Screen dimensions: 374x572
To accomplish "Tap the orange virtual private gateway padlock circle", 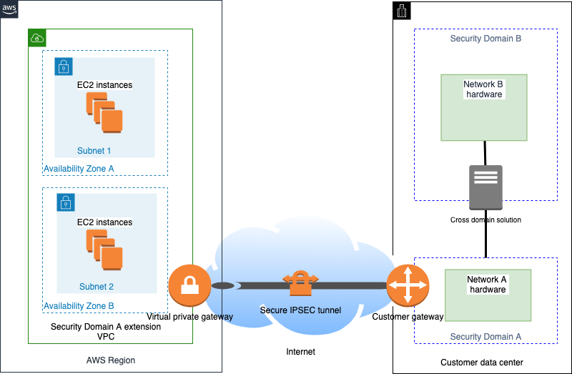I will pos(189,285).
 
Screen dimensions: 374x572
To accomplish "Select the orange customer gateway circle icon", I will pos(408,285).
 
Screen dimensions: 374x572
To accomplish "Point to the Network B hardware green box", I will pos(484,107).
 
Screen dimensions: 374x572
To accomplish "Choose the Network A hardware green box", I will pos(488,295).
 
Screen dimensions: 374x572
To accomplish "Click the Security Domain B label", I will pos(485,39).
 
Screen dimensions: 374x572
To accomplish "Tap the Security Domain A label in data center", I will pos(485,336).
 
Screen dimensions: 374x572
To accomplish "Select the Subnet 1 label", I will pos(94,151).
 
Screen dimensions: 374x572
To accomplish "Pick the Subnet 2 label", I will pos(97,287).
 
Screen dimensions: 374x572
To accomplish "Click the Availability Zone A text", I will pos(79,169).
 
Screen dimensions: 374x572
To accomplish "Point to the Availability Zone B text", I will pos(79,306).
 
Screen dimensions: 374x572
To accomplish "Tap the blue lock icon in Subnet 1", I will pos(64,67).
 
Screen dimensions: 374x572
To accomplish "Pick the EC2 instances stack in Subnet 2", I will pos(104,250).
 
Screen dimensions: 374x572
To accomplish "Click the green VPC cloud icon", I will pos(37,38).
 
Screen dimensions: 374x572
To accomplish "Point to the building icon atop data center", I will pos(402,10).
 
